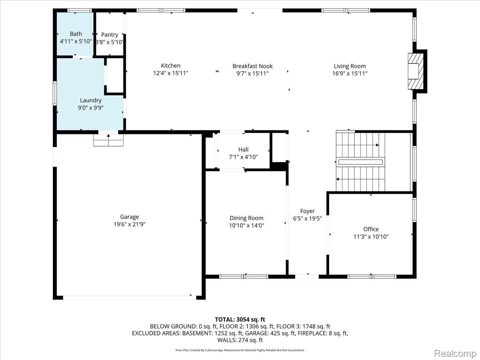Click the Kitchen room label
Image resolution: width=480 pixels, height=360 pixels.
pos(170,66)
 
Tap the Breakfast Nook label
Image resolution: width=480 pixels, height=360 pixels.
pos(252,66)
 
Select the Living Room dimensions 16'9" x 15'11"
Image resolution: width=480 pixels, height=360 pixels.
pos(350,74)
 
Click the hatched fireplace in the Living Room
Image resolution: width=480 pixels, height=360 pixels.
pos(416,71)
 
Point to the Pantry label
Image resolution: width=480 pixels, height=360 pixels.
pos(110,35)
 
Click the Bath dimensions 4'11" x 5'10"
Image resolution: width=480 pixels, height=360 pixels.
pos(76,41)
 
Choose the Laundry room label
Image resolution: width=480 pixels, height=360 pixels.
pos(91,100)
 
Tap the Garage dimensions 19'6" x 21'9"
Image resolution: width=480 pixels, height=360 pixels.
pos(130,224)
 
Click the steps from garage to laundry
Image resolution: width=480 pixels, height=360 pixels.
pos(108,140)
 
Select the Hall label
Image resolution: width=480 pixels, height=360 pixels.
pos(243,150)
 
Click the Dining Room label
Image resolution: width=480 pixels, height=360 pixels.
pos(246,218)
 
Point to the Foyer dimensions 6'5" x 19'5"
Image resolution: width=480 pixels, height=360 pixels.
pos(307,218)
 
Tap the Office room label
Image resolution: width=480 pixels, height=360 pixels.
pos(371,229)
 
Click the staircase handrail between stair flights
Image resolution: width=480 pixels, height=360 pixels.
pos(360,162)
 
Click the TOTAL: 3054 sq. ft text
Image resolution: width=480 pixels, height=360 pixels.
pos(240,320)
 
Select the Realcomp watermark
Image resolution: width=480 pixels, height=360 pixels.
pos(455,353)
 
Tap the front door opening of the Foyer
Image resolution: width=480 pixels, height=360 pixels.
pos(307,276)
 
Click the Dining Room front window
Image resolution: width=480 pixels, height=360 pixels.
pos(244,276)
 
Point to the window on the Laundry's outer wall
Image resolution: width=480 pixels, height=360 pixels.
pos(55,93)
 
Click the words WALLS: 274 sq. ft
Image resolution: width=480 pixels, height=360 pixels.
pos(240,340)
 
